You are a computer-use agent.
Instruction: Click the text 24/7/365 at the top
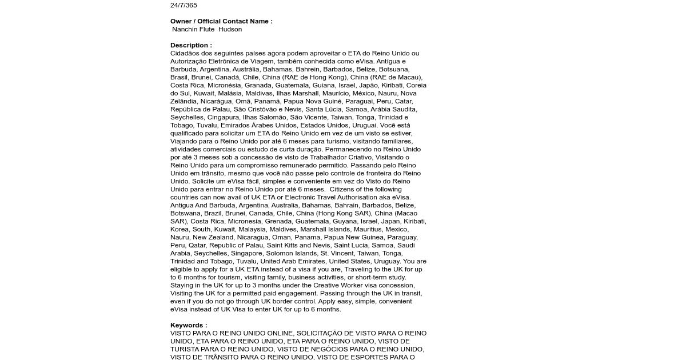[184, 5]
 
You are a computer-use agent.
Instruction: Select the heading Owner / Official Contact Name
[221, 21]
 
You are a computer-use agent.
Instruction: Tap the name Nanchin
[186, 29]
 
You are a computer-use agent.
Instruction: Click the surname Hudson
[230, 29]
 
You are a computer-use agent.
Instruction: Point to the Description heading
[191, 45]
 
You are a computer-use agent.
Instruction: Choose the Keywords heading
[189, 325]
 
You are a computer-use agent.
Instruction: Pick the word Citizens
[345, 189]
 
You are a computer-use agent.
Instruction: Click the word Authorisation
[364, 197]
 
